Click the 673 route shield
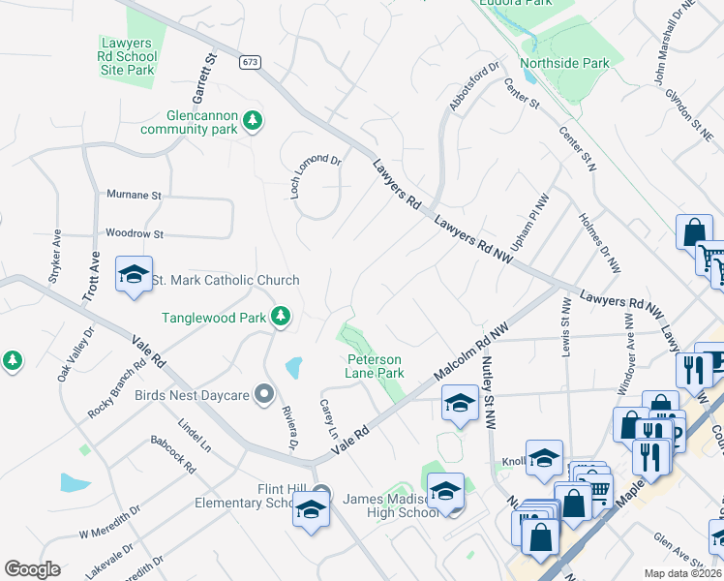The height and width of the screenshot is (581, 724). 251,62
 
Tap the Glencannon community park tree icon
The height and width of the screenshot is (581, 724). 253,120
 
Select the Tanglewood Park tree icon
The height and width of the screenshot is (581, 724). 281,317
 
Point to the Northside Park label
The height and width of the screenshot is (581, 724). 564,64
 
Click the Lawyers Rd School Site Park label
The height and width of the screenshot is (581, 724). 128,56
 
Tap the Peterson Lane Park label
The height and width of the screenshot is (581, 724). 376,365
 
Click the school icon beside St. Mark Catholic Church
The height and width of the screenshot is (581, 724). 135,275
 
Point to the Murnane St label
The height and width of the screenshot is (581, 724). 134,195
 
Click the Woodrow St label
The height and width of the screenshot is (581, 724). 135,234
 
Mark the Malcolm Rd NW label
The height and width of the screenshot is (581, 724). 471,352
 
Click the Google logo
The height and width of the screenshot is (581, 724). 32,569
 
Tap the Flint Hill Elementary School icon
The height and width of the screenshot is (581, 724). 311,509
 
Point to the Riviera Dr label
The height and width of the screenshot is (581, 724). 287,427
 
